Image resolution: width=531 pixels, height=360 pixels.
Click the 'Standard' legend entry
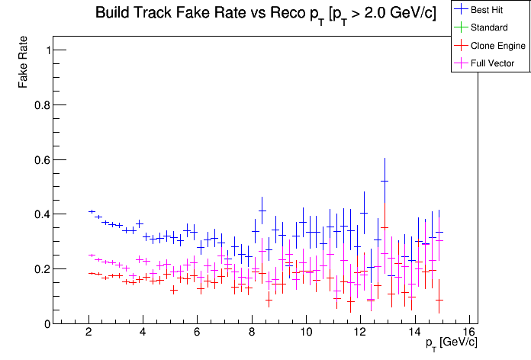pyautogui.click(x=488, y=28)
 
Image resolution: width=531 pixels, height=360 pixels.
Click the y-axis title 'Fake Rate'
pyautogui.click(x=24, y=62)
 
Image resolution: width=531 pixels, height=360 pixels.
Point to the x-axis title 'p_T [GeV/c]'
pyautogui.click(x=452, y=342)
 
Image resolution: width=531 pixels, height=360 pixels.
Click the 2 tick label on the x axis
pyautogui.click(x=88, y=333)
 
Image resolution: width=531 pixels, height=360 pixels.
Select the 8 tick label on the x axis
pyautogui.click(x=251, y=333)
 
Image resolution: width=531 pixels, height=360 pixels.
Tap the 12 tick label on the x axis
pyautogui.click(x=359, y=333)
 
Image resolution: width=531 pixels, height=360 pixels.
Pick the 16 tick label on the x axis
pyautogui.click(x=468, y=333)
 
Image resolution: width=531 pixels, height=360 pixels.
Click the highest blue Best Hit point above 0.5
pyautogui.click(x=385, y=181)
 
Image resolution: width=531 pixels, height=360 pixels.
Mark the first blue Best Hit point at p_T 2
pyautogui.click(x=92, y=211)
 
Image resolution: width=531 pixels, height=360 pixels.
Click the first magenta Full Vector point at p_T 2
pyautogui.click(x=92, y=256)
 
